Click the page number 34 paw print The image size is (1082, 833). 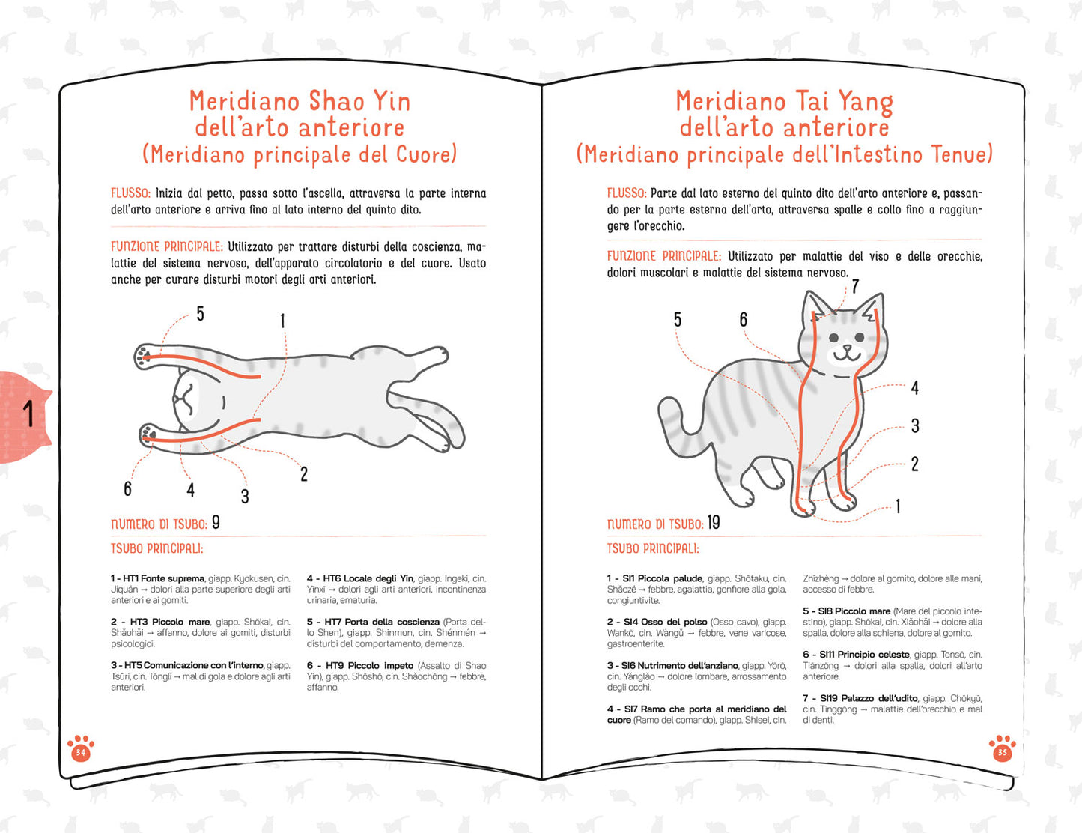[x=81, y=748]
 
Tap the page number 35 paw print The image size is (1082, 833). [x=1002, y=748]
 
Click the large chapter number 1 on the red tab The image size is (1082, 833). [x=29, y=414]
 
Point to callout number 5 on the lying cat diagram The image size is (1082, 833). [x=200, y=314]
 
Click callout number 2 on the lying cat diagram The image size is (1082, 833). [x=304, y=474]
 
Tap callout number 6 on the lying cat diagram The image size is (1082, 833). [x=128, y=488]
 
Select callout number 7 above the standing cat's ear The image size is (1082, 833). [x=855, y=286]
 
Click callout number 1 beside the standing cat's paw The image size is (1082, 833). [x=898, y=506]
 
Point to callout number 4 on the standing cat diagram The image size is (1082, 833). [x=915, y=388]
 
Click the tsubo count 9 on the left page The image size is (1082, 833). [x=216, y=522]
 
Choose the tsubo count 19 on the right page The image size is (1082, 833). [x=714, y=522]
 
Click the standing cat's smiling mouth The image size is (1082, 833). [x=847, y=354]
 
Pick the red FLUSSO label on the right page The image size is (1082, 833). [x=627, y=193]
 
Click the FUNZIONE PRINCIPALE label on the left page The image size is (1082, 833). [x=167, y=246]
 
